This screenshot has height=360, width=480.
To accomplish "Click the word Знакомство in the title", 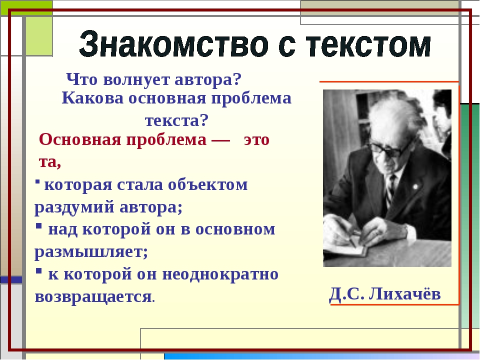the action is (173, 44).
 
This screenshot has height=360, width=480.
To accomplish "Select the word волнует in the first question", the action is (136, 80).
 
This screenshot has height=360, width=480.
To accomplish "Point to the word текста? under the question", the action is (176, 120).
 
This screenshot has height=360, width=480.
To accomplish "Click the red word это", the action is (256, 140).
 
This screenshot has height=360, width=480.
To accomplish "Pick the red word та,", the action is (50, 162).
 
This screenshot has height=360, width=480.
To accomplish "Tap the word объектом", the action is (207, 185).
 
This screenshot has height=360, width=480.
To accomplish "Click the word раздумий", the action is (74, 207).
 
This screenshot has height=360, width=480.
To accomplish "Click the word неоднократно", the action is (220, 274).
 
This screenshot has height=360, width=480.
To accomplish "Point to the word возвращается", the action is (93, 297).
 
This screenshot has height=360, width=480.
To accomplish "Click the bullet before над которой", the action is (38, 226).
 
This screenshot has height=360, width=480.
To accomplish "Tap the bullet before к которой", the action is (38, 271).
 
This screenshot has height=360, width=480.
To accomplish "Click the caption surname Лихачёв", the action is (404, 294).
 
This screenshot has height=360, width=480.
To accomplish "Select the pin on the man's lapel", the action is (415, 186).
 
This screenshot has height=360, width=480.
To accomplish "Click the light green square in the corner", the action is (39, 36).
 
